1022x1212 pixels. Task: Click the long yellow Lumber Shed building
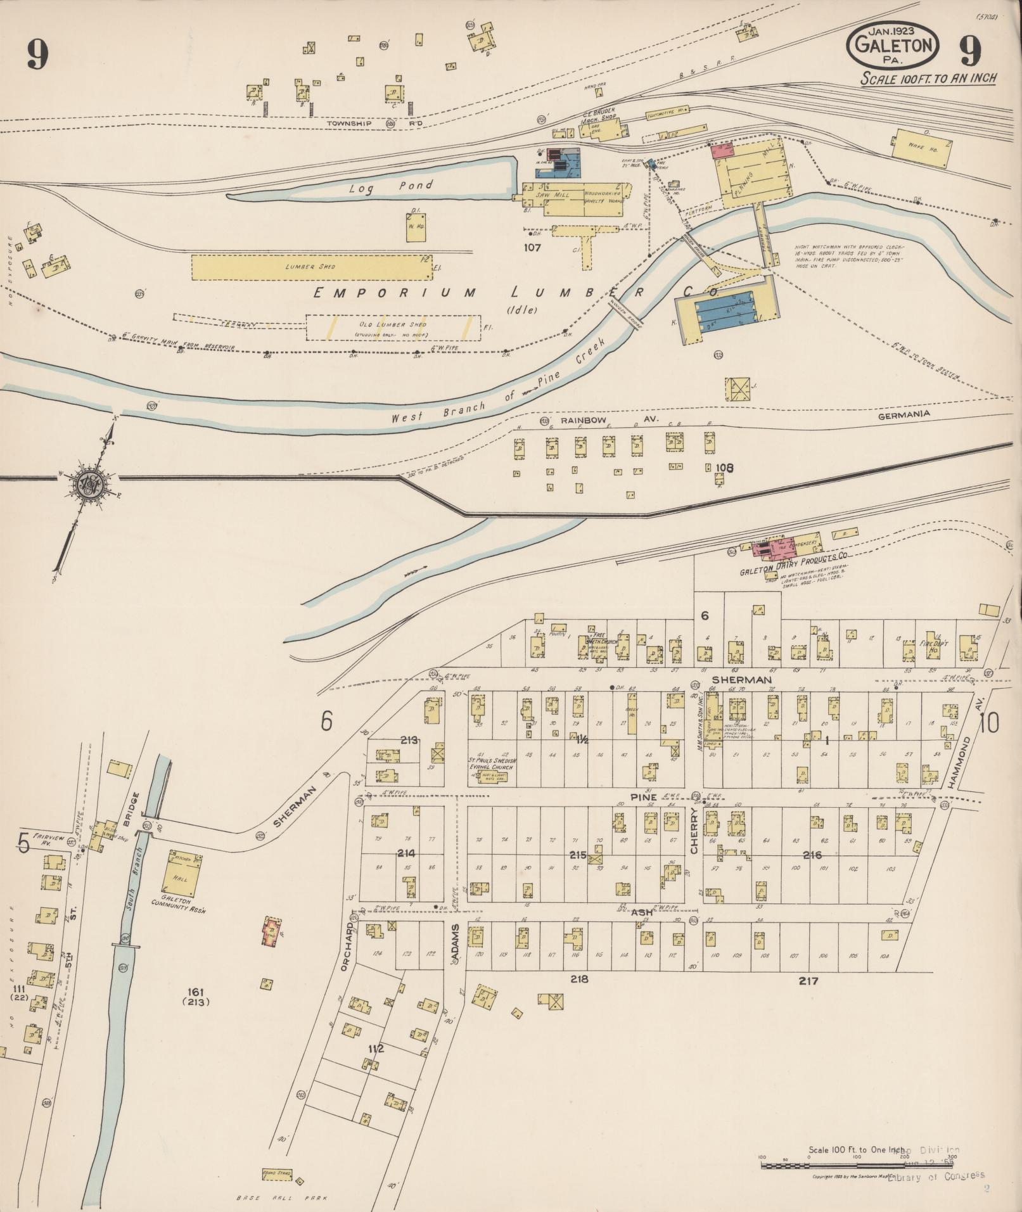point(310,267)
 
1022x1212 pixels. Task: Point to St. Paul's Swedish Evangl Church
point(490,764)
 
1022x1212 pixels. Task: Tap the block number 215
point(577,855)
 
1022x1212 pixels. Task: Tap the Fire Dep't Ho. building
point(931,646)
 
